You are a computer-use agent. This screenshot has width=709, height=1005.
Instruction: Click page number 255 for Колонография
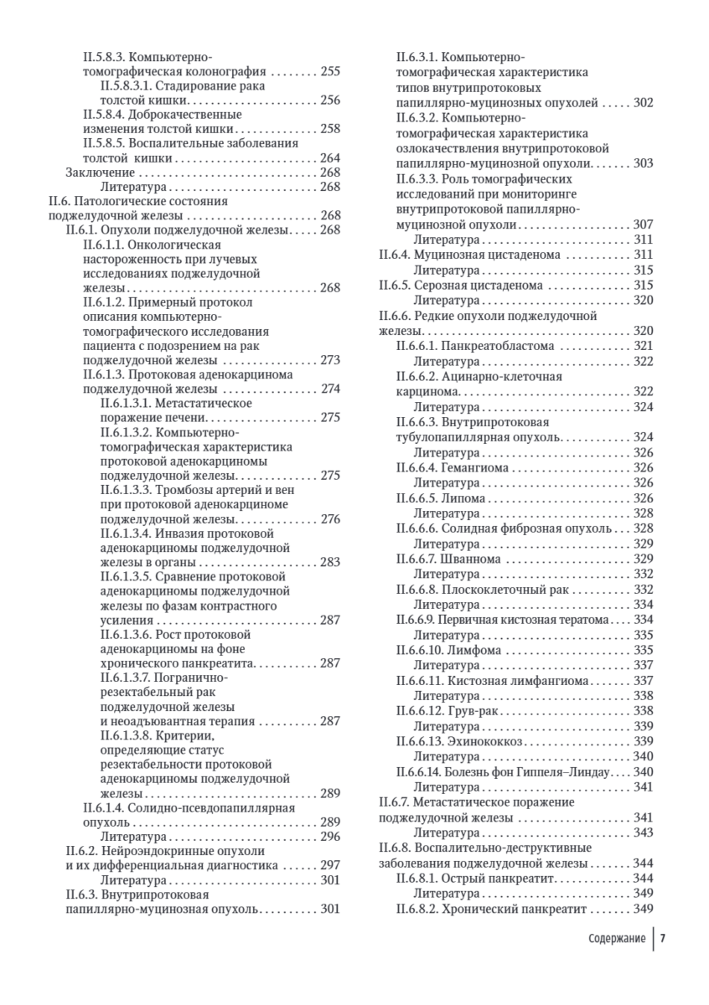[330, 72]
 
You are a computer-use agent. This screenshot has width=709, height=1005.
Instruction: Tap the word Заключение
[95, 172]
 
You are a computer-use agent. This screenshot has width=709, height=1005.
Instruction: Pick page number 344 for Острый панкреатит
[643, 878]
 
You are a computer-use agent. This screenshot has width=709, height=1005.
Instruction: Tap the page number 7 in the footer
[662, 938]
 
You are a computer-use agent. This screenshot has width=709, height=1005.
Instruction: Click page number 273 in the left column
[330, 360]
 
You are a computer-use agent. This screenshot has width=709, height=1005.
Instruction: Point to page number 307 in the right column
[643, 224]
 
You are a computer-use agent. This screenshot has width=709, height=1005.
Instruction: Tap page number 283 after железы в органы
[330, 562]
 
